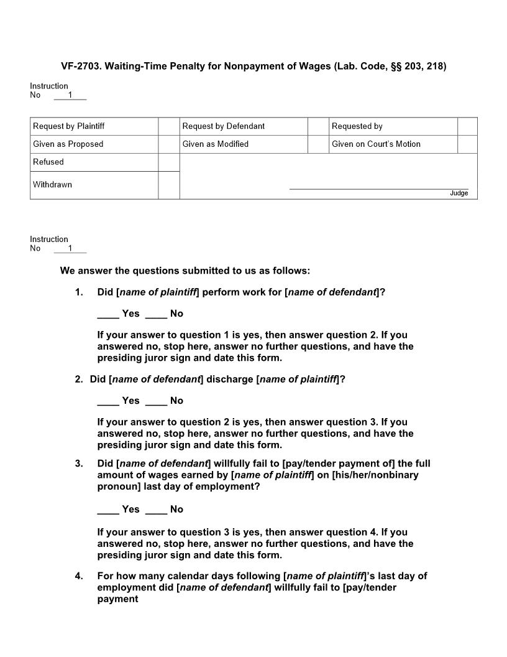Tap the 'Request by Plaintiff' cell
tap(69, 126)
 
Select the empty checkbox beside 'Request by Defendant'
tap(318, 126)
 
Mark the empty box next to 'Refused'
tap(168, 162)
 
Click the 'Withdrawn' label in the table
tap(53, 185)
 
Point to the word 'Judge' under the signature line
tap(459, 193)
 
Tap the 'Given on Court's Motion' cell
tap(376, 144)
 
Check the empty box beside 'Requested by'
tap(467, 126)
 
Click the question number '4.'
tap(79, 576)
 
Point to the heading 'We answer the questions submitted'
tap(185, 271)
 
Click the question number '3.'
tap(79, 464)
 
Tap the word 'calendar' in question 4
tap(185, 576)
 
